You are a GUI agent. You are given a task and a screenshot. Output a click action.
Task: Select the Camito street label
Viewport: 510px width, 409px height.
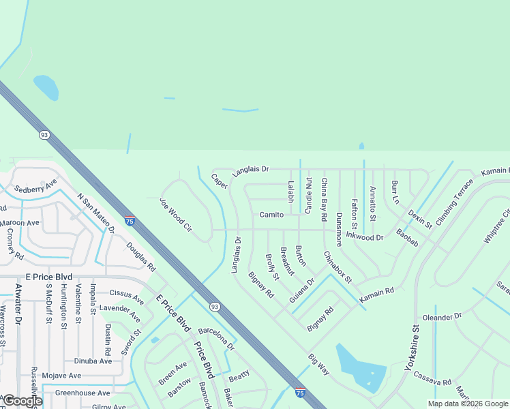tap(271, 215)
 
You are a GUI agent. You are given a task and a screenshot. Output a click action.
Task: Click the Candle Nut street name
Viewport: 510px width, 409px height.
tap(308, 195)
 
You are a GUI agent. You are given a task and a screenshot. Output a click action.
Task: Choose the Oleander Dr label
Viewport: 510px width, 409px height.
tap(442, 317)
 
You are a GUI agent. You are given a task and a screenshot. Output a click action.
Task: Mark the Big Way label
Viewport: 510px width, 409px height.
tap(318, 364)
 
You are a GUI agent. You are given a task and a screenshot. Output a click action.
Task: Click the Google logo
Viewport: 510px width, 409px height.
tap(22, 401)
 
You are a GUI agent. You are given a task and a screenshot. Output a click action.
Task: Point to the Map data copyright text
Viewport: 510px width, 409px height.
tap(467, 404)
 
